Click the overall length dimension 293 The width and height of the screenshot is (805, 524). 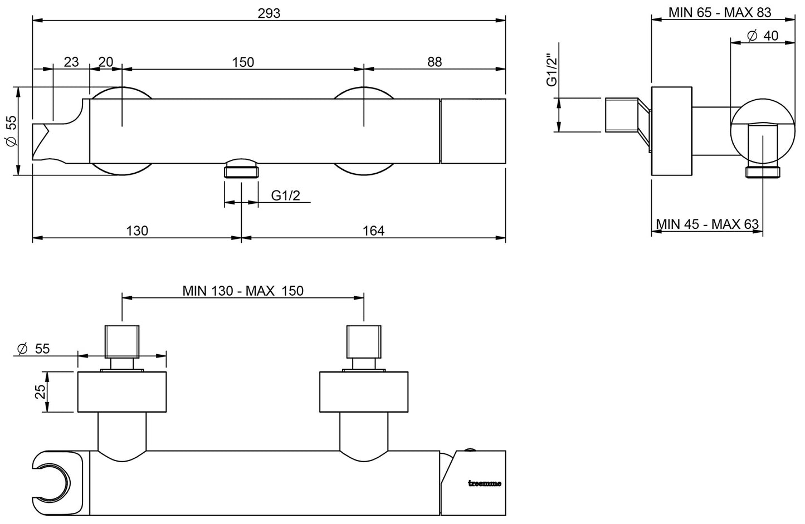tap(269, 13)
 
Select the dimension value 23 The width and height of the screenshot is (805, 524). tap(71, 62)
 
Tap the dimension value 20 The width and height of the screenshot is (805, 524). tap(106, 62)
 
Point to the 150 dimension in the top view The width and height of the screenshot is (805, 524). tap(243, 62)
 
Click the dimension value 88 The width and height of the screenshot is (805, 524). tap(435, 62)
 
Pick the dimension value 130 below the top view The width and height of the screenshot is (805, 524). tap(137, 230)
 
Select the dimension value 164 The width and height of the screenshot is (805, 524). tap(373, 230)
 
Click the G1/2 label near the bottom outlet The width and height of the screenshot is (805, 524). tap(286, 195)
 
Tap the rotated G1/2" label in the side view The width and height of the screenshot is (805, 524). tap(552, 70)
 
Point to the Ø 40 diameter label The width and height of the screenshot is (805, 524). tap(762, 36)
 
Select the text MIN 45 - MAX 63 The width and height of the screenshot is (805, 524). tap(708, 224)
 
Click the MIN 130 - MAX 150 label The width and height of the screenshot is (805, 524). tap(243, 291)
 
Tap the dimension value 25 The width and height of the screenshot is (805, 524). tap(40, 392)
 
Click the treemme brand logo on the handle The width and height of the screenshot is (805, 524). tap(484, 483)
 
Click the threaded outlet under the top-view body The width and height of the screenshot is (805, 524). tap(241, 168)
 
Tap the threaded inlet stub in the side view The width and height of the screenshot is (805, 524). tap(621, 115)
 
